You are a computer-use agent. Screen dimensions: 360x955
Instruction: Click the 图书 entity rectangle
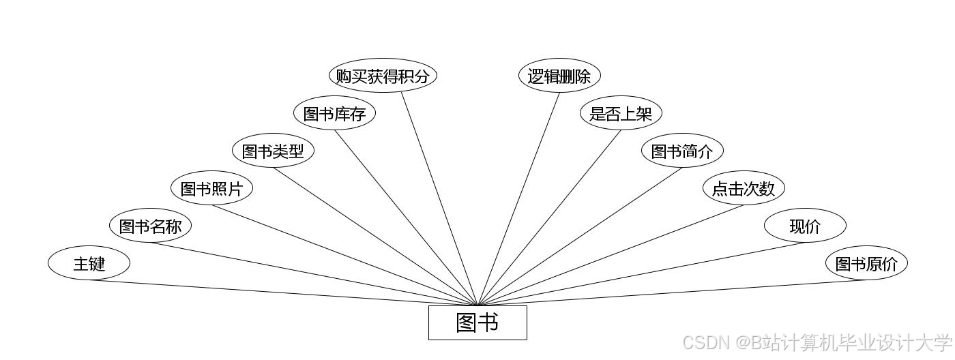(x=477, y=322)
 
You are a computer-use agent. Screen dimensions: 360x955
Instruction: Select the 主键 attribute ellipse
(x=89, y=263)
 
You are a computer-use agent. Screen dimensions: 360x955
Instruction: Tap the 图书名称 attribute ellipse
(x=150, y=226)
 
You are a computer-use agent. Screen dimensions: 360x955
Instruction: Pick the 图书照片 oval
(x=211, y=188)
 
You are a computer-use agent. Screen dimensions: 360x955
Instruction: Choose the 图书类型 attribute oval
(x=273, y=151)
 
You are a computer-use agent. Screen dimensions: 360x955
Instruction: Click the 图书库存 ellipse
(x=334, y=113)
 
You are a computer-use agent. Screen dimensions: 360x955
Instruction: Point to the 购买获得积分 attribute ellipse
(x=383, y=76)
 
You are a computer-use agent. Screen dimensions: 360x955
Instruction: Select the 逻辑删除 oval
(x=559, y=76)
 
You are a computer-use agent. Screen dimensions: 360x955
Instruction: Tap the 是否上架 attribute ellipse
(x=621, y=113)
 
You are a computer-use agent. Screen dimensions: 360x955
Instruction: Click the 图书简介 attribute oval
(x=682, y=151)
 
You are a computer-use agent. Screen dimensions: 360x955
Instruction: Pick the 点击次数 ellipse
(x=744, y=188)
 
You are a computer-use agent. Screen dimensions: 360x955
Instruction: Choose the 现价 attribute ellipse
(x=805, y=226)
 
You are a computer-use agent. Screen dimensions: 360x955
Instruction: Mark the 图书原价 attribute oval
(x=866, y=263)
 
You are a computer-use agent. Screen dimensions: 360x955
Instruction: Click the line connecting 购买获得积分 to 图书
(x=439, y=198)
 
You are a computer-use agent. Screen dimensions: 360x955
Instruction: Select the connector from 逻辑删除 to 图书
(x=518, y=198)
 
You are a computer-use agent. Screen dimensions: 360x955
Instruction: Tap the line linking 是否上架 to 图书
(x=549, y=217)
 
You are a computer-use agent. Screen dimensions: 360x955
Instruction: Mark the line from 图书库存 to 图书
(x=406, y=217)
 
